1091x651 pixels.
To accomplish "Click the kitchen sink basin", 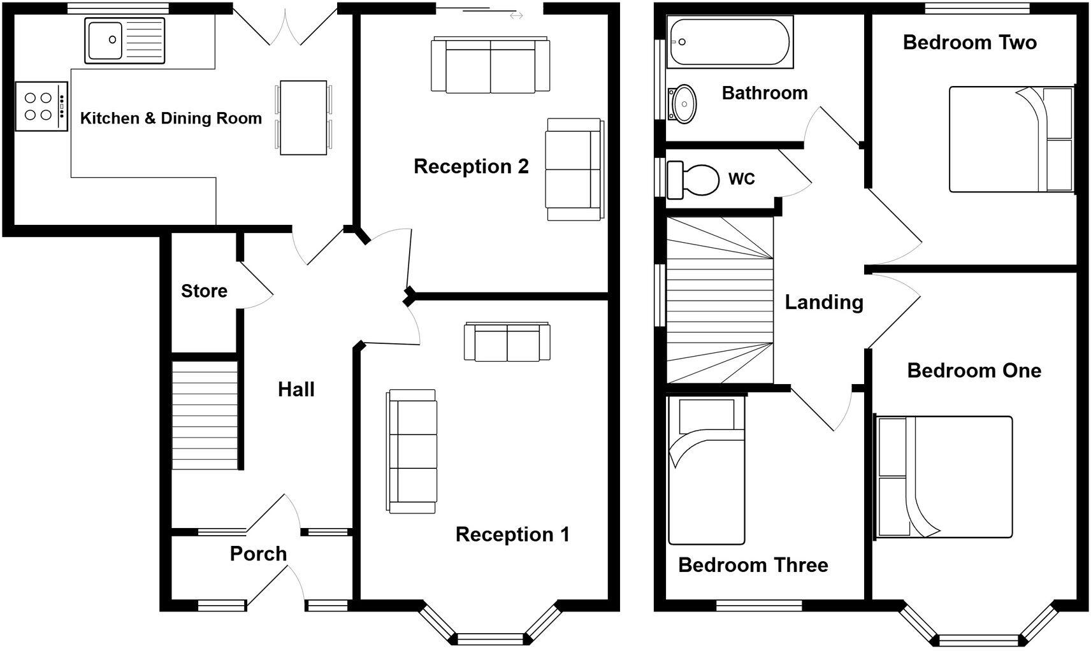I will [105, 40].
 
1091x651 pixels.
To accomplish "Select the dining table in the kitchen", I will [303, 117].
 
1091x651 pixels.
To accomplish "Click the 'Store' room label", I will [204, 291].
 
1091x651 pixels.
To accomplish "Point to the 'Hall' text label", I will [296, 389].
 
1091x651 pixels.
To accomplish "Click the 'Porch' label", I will [258, 554].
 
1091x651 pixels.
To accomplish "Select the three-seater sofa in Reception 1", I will [412, 451].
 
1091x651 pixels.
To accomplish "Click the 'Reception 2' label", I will [471, 166].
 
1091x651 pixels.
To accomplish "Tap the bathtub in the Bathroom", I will [728, 42].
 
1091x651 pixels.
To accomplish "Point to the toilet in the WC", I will [695, 179].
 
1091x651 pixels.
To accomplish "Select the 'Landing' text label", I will [823, 302].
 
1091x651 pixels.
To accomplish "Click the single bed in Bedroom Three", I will [706, 471].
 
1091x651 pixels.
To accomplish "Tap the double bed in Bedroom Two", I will [1011, 139].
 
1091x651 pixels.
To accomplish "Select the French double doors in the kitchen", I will [284, 25].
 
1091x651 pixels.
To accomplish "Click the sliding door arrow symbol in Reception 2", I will [516, 15].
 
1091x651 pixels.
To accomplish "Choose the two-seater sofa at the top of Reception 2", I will [490, 66].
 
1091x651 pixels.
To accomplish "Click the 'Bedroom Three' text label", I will [753, 565].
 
